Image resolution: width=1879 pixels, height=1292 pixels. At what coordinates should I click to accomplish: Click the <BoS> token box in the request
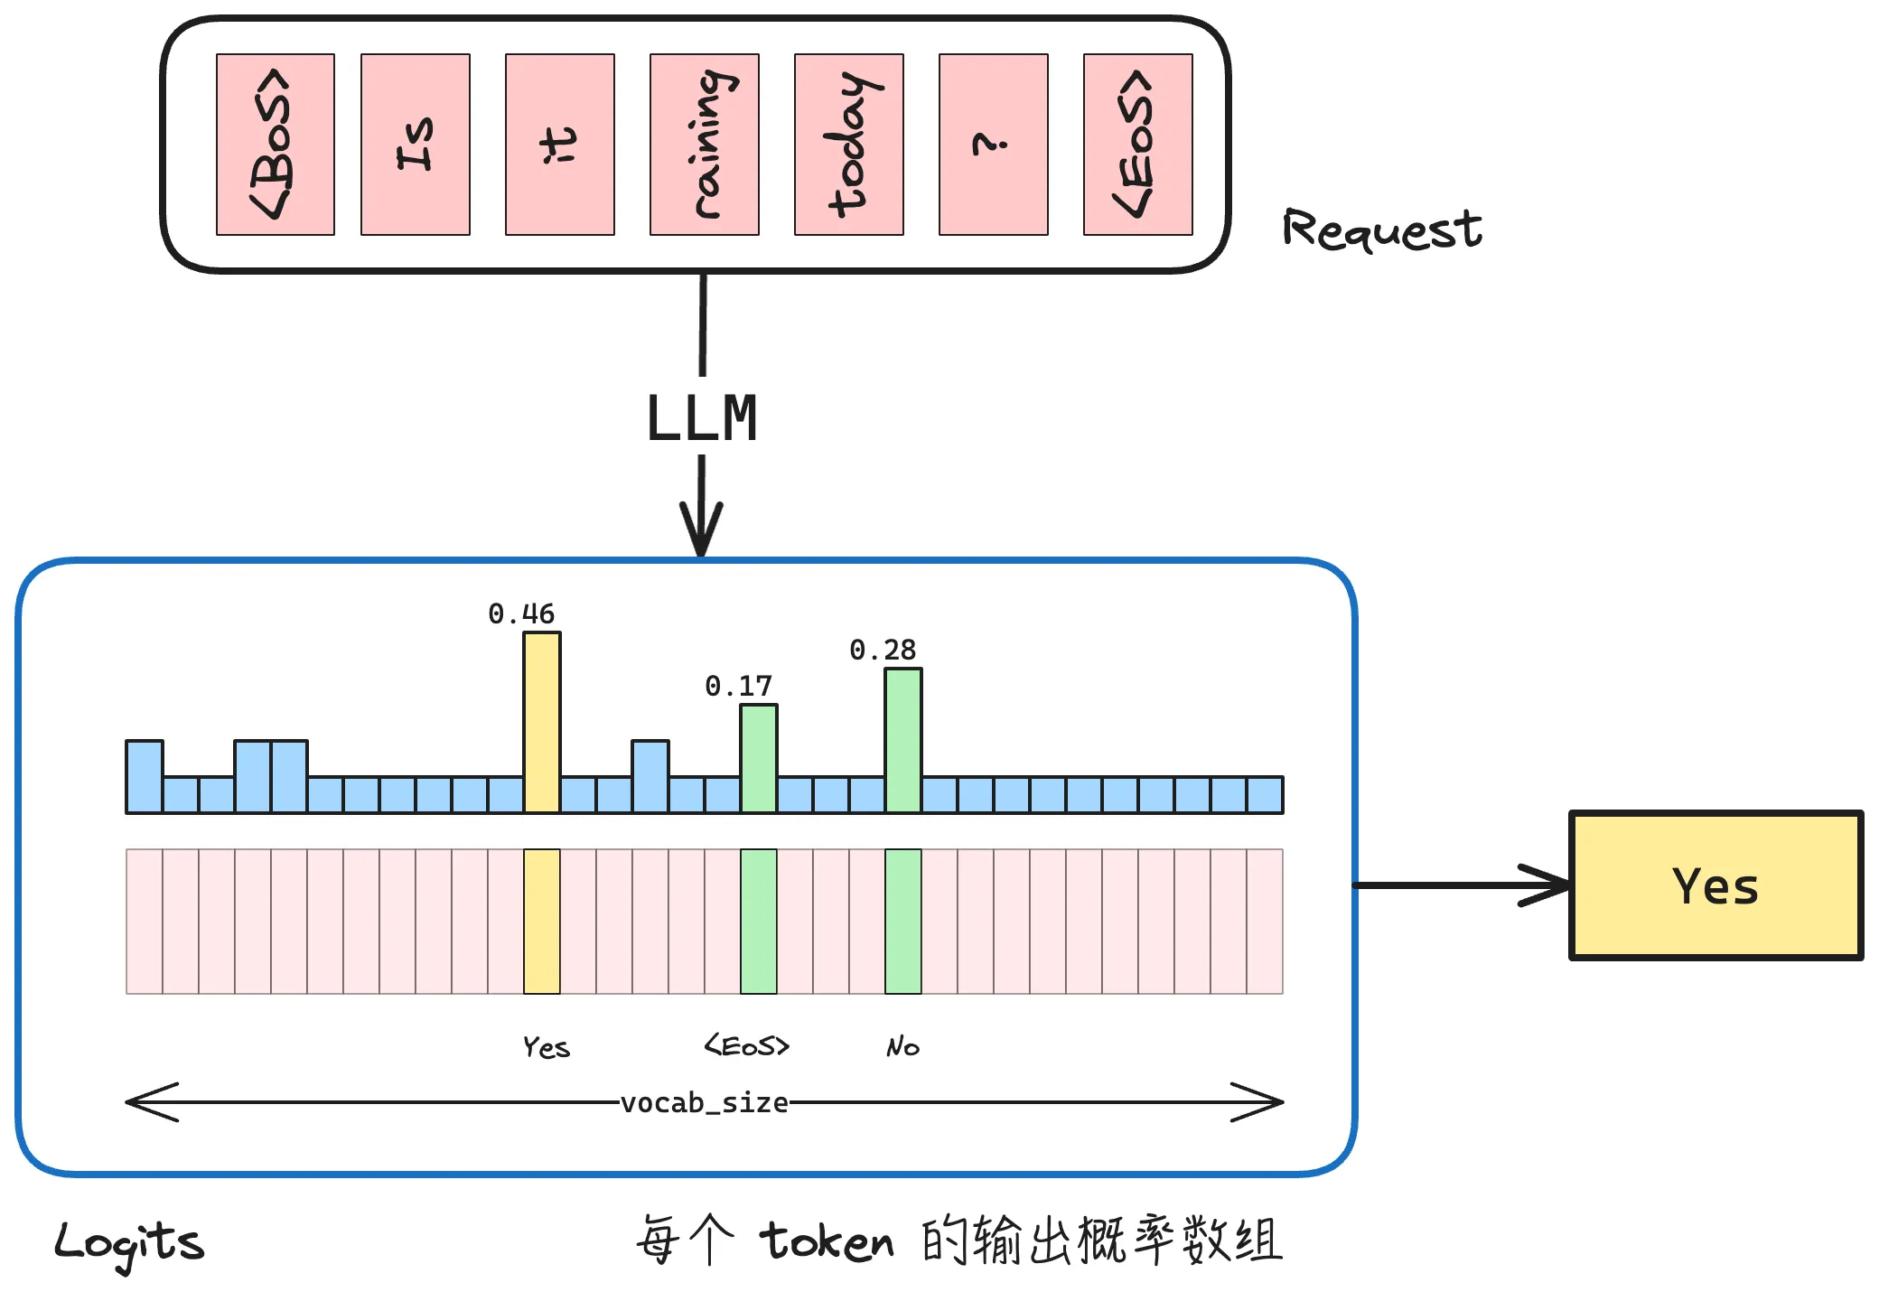click(275, 145)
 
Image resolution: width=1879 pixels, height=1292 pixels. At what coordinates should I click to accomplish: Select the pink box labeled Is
click(415, 145)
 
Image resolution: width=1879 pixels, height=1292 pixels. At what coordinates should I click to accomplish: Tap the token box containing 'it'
click(559, 145)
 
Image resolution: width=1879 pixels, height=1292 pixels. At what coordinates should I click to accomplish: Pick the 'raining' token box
click(704, 145)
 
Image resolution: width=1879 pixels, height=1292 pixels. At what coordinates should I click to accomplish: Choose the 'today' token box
click(848, 145)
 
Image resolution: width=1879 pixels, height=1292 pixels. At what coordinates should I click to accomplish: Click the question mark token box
click(993, 145)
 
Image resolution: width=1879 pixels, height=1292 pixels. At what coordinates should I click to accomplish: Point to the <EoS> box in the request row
click(1137, 145)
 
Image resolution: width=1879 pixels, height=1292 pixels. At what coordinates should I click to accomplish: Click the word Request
click(1381, 229)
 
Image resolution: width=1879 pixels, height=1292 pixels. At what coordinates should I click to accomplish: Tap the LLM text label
click(702, 419)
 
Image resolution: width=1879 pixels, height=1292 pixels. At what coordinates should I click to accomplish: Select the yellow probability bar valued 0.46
click(542, 722)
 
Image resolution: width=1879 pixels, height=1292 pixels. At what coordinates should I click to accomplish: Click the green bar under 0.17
click(759, 758)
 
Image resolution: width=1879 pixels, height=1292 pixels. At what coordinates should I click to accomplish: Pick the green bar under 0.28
click(903, 740)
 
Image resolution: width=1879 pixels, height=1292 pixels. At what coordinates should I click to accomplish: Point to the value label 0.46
click(521, 614)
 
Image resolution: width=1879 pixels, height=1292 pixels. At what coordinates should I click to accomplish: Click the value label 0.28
click(883, 651)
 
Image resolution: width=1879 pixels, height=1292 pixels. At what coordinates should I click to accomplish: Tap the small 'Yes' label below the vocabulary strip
click(547, 1047)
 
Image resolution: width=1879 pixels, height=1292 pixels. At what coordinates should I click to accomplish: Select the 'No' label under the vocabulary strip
click(902, 1047)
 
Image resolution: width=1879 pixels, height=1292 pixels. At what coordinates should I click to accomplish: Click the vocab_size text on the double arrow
click(704, 1103)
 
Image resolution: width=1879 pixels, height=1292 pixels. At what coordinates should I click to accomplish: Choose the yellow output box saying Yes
click(1715, 885)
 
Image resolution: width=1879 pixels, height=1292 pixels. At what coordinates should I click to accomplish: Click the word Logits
click(129, 1243)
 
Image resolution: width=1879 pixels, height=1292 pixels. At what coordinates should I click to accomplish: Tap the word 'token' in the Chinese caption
click(827, 1241)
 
